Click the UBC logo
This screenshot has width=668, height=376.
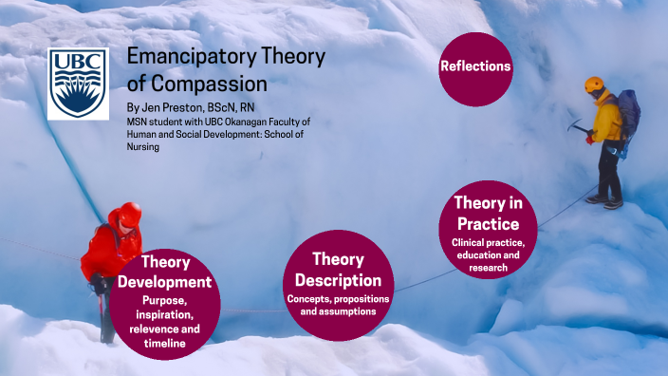coord(79,84)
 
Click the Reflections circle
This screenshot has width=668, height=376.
coord(476,66)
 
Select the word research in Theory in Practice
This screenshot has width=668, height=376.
coord(489,269)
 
